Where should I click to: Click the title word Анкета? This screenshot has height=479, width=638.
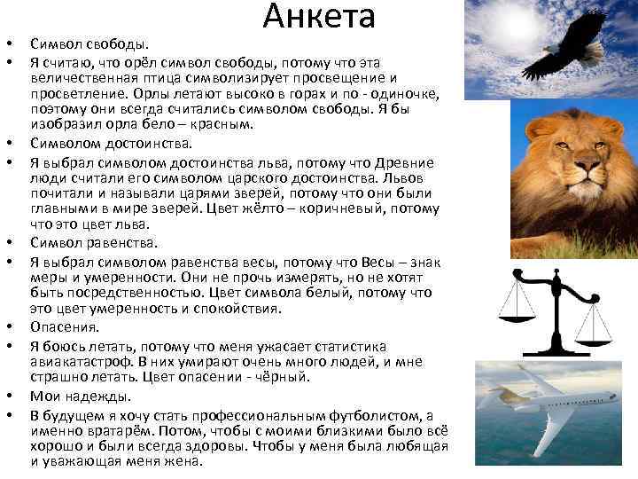(x=319, y=17)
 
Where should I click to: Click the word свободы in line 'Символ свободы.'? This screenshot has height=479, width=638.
(x=116, y=43)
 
